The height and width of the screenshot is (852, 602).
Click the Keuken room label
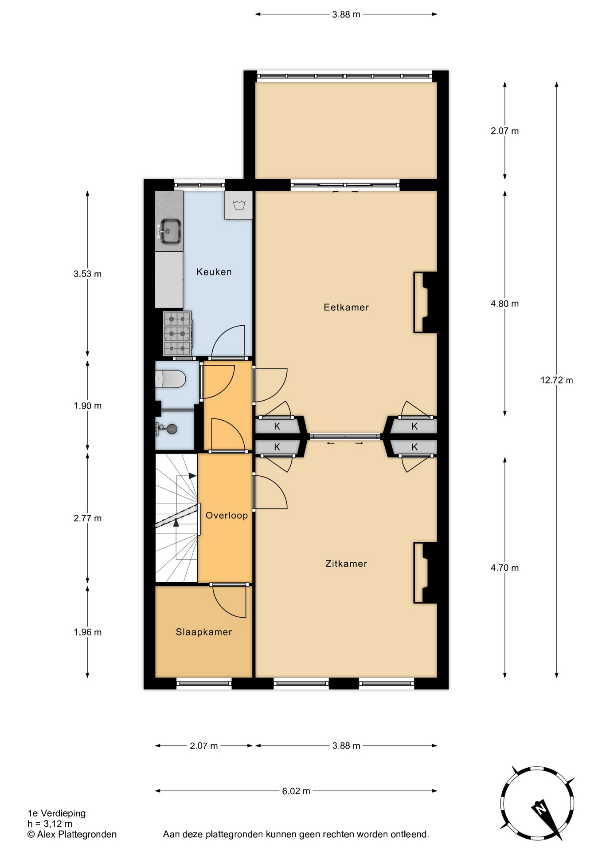point(214,272)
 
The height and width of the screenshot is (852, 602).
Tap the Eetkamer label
point(346,307)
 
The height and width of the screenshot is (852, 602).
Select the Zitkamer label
point(346,564)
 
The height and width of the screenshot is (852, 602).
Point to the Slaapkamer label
point(204,632)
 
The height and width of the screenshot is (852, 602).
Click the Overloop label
point(227,515)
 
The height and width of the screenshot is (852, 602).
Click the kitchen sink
point(170,231)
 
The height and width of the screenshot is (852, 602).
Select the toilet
point(170,379)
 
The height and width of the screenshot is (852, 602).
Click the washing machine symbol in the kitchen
point(239,205)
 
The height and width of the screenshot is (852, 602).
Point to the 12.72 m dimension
point(557,380)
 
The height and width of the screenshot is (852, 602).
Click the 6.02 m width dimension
point(296,791)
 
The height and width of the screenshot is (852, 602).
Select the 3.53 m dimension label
point(88,274)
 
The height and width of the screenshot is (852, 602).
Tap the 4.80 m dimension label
point(504,304)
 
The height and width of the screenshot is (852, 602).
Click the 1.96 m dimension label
point(88,632)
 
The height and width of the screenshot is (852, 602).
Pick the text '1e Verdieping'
point(57,813)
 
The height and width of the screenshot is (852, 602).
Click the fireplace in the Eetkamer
point(425,302)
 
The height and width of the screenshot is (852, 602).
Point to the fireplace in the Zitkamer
point(425,573)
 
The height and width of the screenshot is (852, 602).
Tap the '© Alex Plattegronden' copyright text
point(72,834)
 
